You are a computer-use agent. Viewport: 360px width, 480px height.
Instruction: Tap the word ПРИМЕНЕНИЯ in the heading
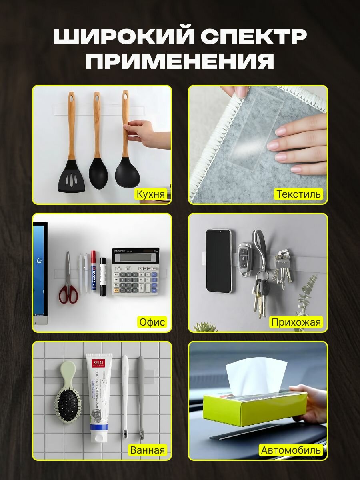[180, 62]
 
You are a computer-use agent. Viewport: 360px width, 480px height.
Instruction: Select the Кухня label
[150, 194]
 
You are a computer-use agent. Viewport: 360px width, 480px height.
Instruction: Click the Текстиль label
[299, 194]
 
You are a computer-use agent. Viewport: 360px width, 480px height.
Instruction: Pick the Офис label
[152, 322]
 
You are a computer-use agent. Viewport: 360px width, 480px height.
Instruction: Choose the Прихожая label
[296, 322]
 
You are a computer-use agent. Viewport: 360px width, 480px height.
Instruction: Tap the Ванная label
[147, 450]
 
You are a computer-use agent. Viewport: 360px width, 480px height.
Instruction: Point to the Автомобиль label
[291, 450]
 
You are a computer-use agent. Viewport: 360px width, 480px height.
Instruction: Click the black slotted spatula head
[71, 178]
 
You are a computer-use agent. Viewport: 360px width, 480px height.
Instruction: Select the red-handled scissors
[68, 286]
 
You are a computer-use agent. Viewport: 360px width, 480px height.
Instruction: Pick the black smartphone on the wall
[218, 261]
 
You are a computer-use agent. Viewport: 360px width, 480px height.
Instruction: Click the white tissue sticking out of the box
[256, 376]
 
